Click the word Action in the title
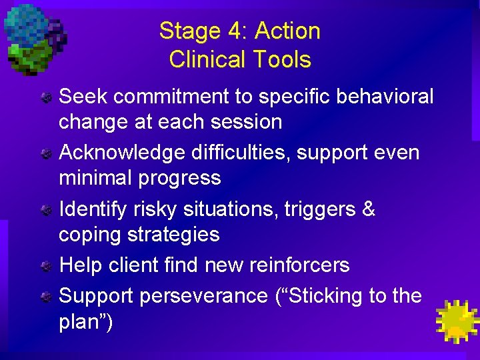[287, 31]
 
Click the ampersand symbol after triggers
[368, 209]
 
